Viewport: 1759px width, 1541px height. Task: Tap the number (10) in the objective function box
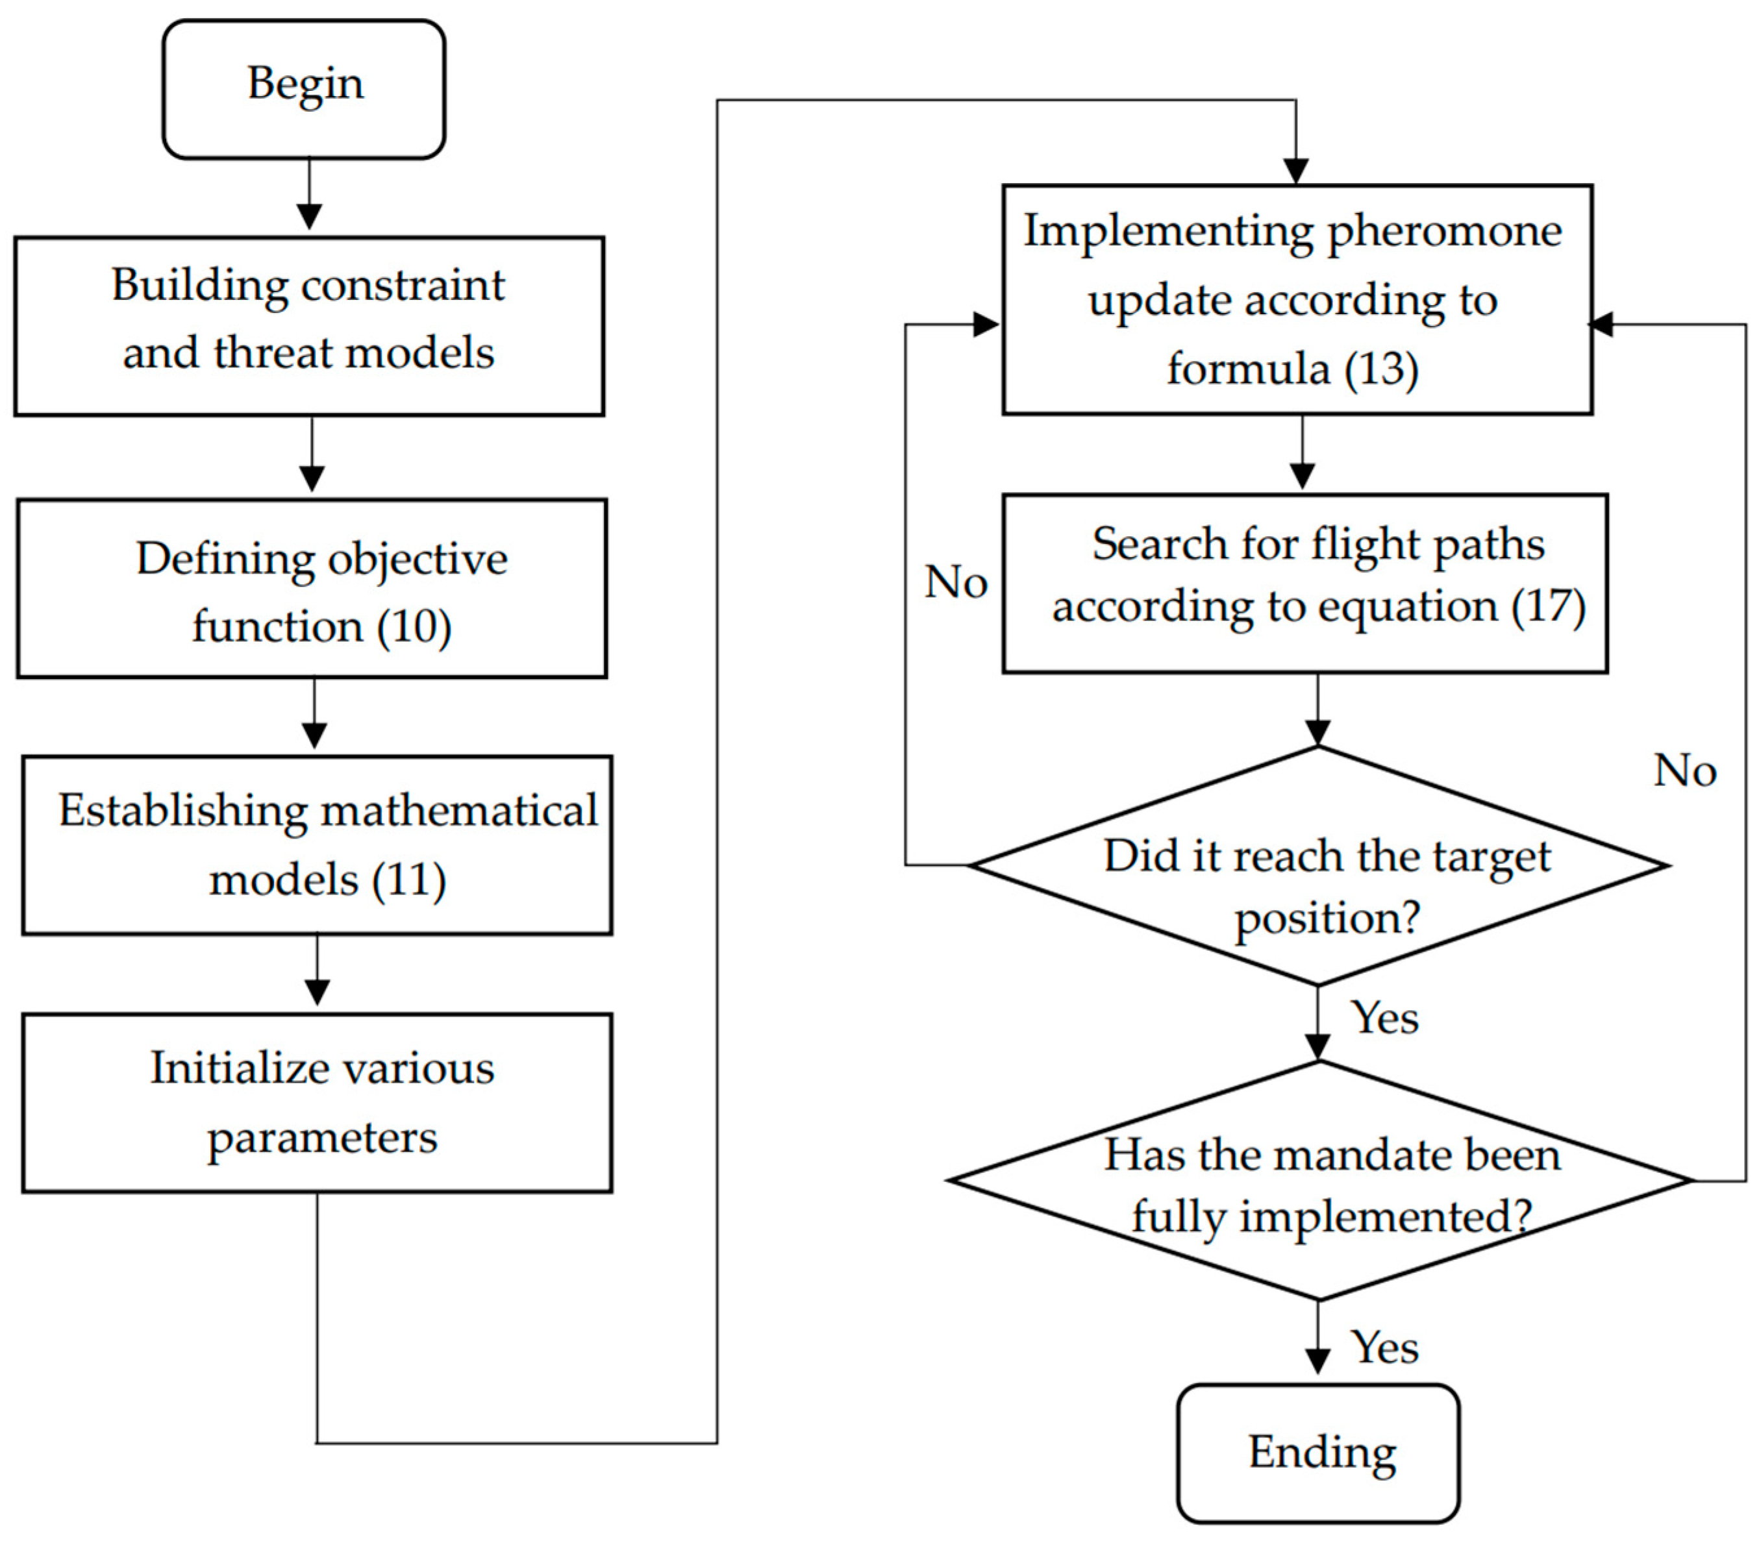coord(414,626)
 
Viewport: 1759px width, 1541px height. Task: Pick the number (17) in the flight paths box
coord(1547,606)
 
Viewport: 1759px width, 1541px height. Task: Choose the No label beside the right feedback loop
coord(1684,771)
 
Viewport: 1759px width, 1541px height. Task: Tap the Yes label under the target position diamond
coord(1383,1018)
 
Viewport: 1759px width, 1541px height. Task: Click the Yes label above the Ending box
coord(1383,1348)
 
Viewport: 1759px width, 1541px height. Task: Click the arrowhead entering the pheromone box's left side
coord(986,324)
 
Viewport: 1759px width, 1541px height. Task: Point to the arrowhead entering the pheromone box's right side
coord(1601,324)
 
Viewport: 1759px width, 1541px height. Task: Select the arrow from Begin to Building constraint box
coord(310,194)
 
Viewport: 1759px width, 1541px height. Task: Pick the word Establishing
coord(182,810)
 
